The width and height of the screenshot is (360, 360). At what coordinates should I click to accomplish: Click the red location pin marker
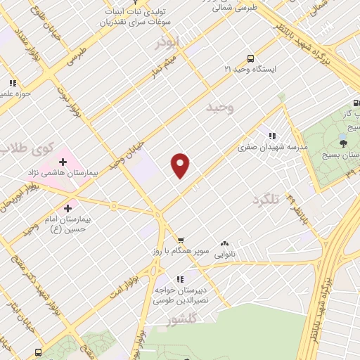tap(181, 164)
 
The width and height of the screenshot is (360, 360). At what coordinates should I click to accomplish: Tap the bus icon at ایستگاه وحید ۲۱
tap(250, 59)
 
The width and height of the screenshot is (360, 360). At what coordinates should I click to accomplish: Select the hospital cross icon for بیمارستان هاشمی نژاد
tap(63, 162)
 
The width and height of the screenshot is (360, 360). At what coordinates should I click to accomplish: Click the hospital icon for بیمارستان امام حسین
tap(67, 208)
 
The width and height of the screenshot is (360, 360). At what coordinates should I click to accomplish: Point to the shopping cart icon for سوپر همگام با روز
tap(181, 240)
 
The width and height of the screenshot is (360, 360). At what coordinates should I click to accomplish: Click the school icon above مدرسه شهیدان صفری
tap(271, 136)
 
